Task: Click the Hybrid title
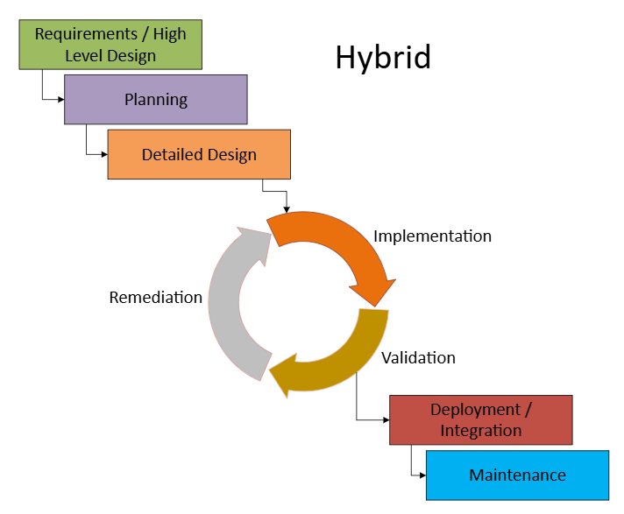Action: pyautogui.click(x=382, y=58)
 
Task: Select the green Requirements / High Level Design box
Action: pyautogui.click(x=110, y=45)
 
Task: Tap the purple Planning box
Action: pyautogui.click(x=155, y=99)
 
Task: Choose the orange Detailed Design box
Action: pyautogui.click(x=199, y=154)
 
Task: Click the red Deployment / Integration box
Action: pyautogui.click(x=480, y=420)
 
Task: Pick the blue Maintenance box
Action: pyautogui.click(x=517, y=475)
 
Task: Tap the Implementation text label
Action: pyautogui.click(x=432, y=236)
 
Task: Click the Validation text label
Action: pyautogui.click(x=418, y=357)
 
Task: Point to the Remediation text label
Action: pyautogui.click(x=155, y=298)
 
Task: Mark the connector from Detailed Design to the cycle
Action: pyautogui.click(x=274, y=190)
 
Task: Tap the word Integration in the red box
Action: pyautogui.click(x=480, y=430)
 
